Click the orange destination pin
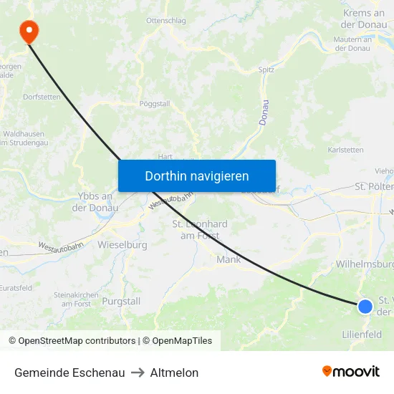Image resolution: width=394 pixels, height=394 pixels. point(29,30)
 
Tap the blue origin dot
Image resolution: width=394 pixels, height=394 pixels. point(365,307)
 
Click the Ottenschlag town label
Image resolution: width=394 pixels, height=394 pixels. point(165,21)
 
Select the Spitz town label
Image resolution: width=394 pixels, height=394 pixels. point(266,70)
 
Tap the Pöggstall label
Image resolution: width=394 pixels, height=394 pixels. point(155,103)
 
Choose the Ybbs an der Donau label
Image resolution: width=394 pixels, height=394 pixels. point(92,202)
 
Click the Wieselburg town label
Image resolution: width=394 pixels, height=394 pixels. point(122,245)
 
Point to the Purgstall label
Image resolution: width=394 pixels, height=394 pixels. point(121,302)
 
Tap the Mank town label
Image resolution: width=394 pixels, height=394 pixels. point(229,259)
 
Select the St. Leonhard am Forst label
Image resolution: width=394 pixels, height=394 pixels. point(200,229)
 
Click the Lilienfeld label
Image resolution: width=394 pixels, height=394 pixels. point(362,335)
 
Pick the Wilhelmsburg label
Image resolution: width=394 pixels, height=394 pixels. point(365,264)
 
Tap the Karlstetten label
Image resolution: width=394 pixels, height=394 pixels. point(345,150)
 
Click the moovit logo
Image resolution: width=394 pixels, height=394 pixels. point(351,372)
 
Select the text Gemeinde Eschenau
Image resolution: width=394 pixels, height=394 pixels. point(69,373)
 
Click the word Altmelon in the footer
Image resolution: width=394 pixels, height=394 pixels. point(174,373)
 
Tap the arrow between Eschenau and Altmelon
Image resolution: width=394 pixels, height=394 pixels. point(138,373)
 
